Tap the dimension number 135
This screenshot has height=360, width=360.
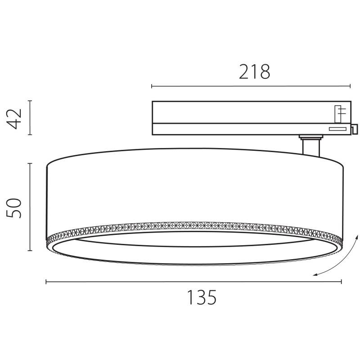coord(202,297)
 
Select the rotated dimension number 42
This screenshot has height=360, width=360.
coord(16,118)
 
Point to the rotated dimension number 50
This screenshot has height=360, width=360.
coord(16,207)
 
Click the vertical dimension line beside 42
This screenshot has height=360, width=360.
coord(30,117)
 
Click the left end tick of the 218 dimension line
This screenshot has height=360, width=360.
coord(152,86)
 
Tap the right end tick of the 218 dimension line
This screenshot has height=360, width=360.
coord(350,86)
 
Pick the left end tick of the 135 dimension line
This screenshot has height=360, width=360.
coord(46,282)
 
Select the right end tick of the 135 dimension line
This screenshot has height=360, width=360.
coord(342,282)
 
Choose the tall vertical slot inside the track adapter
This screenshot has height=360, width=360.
coord(337,114)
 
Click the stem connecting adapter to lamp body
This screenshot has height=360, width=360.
coord(310,148)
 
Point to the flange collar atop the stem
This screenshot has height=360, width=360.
coord(310,136)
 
